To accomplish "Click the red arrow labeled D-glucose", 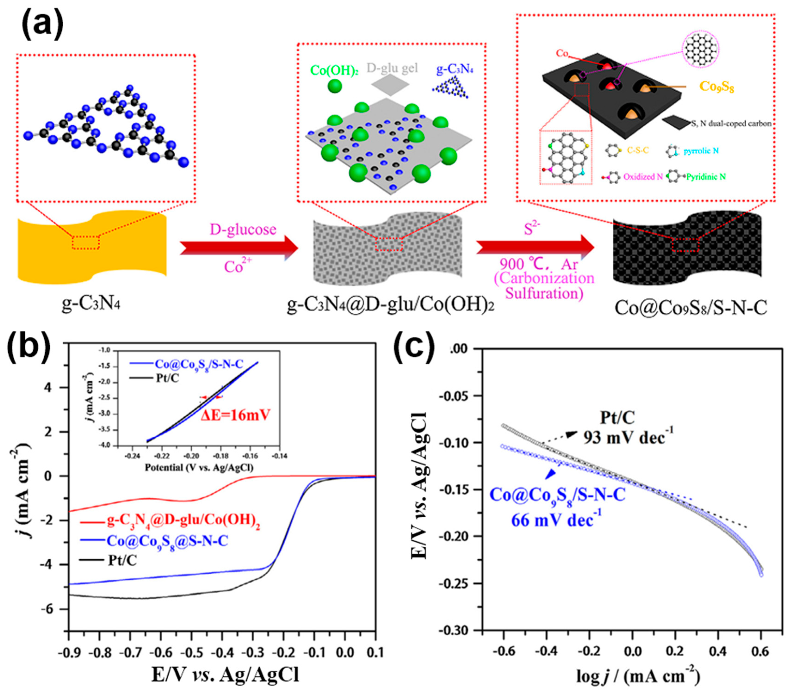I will tap(239, 248).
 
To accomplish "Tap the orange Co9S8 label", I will tap(716, 87).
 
